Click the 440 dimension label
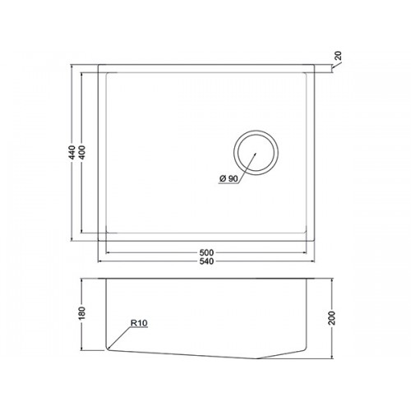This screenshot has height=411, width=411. click(x=72, y=152)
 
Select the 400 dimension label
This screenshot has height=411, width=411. click(x=82, y=152)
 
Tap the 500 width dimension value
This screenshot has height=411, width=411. click(x=206, y=252)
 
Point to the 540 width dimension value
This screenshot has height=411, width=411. click(x=206, y=261)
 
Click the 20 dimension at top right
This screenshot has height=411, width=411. click(x=339, y=56)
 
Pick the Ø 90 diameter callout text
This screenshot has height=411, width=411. click(x=229, y=179)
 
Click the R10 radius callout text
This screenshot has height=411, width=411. click(x=139, y=323)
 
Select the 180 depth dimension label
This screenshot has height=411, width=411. click(x=82, y=313)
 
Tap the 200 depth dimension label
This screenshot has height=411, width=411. click(x=332, y=318)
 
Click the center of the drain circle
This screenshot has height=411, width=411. click(x=256, y=153)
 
